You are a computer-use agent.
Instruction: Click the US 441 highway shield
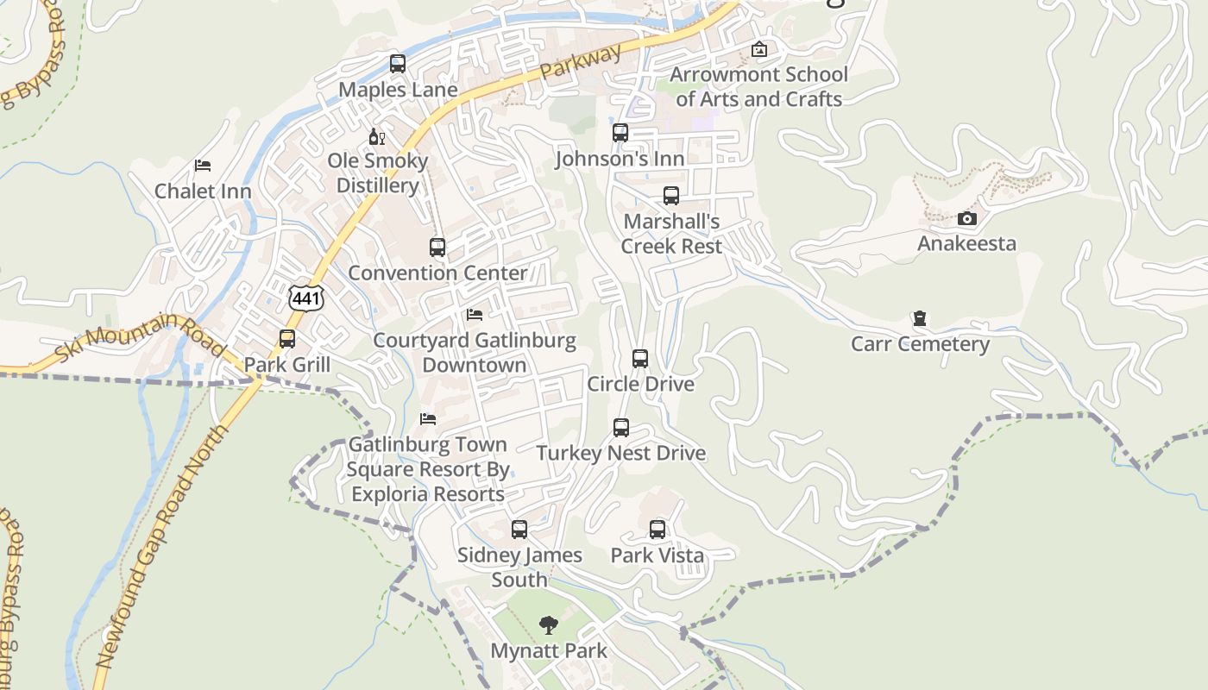306,297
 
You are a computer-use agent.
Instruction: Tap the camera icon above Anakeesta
967,218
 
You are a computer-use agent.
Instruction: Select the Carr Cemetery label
920,344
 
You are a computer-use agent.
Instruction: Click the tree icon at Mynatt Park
548,625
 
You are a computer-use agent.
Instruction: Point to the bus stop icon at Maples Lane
397,63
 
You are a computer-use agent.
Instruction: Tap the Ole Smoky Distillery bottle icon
377,136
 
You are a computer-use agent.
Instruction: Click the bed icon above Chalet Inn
203,165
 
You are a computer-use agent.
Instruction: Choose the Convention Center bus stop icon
437,248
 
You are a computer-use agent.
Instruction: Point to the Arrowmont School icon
758,49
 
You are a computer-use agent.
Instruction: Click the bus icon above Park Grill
287,339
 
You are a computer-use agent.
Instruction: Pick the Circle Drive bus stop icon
640,359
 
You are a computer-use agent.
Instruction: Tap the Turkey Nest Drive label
620,454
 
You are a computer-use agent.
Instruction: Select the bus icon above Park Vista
657,530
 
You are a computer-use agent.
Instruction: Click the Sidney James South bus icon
519,530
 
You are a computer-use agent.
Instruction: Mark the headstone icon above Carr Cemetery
920,319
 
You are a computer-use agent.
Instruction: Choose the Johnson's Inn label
620,159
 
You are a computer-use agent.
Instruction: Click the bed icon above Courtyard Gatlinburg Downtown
475,315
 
